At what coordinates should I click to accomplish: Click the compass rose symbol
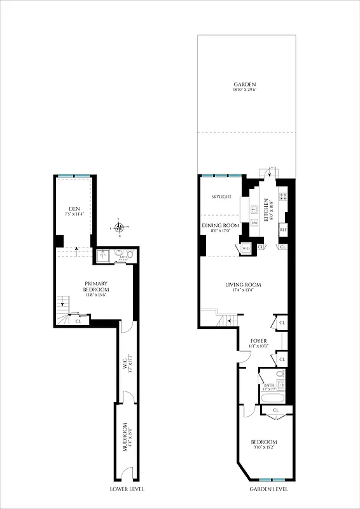(119, 227)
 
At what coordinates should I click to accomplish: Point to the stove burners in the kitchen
(283, 197)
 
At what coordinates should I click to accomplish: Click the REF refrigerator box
(283, 229)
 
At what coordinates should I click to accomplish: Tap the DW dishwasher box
(254, 223)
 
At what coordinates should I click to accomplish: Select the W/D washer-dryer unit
(246, 248)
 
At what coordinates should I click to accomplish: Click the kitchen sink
(254, 208)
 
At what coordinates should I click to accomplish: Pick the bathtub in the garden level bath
(273, 399)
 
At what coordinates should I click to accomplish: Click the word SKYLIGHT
(220, 197)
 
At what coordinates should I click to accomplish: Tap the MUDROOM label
(125, 438)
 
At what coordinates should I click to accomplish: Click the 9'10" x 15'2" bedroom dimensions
(263, 449)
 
